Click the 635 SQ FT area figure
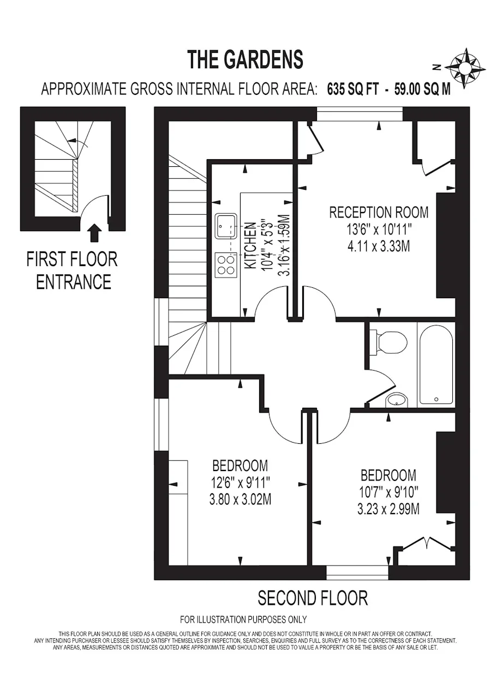coord(353,90)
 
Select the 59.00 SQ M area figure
coord(422,90)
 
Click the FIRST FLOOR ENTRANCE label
coord(72,270)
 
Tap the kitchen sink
coord(226,226)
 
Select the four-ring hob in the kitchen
coord(226,264)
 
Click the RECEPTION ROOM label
coord(379,213)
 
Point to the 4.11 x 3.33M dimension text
coord(379,246)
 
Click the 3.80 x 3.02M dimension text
coord(240,499)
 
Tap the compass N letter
coord(437,68)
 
